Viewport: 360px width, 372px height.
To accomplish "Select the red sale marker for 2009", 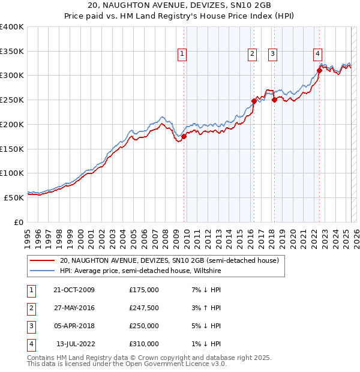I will [184, 136].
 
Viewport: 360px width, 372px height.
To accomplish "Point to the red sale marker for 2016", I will [254, 101].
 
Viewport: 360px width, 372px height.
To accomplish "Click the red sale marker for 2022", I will [319, 70].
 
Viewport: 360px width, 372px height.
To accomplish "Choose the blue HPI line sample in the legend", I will [43, 271].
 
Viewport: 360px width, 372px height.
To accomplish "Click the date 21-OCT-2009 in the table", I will [74, 290].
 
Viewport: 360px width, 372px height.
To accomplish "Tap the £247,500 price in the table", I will [143, 308].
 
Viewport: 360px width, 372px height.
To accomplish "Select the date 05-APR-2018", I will [74, 326].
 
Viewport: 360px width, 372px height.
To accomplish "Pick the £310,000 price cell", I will [143, 344].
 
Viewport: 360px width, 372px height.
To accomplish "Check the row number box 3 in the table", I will [30, 326].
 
